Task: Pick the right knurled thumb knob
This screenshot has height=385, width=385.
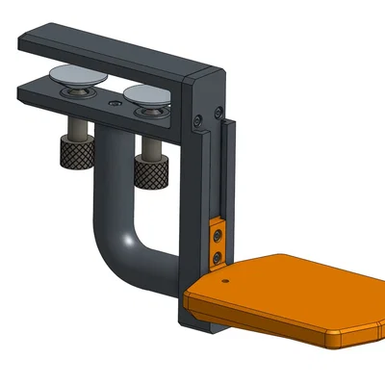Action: click(x=152, y=173)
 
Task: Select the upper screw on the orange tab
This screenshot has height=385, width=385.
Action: click(x=218, y=235)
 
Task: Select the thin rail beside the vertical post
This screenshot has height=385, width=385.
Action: click(x=225, y=173)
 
